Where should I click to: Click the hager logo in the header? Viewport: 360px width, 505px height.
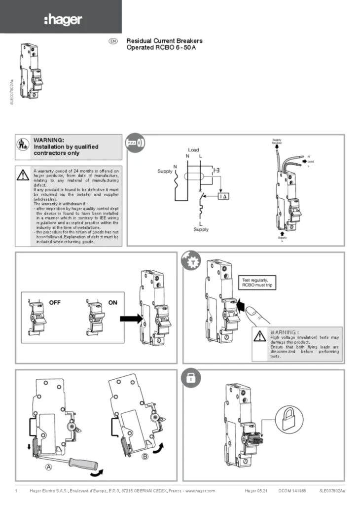[63, 20]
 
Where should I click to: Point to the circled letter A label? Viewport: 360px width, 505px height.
[49, 468]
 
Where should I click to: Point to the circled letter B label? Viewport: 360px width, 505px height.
[145, 457]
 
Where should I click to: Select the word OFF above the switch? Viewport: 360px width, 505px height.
[54, 303]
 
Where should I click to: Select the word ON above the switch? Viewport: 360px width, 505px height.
[113, 303]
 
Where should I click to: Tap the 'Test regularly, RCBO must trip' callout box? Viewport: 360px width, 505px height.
[256, 282]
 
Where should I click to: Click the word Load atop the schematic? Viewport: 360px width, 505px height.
[193, 149]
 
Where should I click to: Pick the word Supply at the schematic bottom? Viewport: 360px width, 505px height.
[201, 229]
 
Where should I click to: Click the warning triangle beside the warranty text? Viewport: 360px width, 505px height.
[22, 175]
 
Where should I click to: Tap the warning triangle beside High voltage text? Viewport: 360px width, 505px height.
[259, 336]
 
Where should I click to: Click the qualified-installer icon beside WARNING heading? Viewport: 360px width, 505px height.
[22, 145]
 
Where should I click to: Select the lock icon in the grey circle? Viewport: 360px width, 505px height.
[190, 378]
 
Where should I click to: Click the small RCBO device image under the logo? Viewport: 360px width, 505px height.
[30, 72]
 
